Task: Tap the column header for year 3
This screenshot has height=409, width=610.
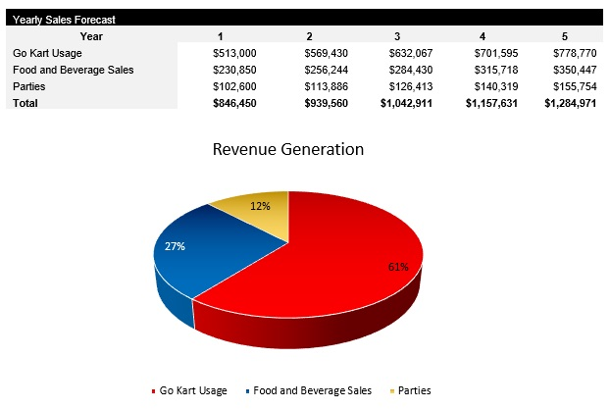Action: pyautogui.click(x=397, y=35)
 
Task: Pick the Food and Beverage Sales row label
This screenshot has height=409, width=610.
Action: pyautogui.click(x=73, y=70)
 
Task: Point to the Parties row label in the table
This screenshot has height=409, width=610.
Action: pyautogui.click(x=30, y=86)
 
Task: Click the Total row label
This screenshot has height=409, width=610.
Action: pyautogui.click(x=26, y=103)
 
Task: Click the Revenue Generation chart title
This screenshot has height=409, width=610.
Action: pyautogui.click(x=287, y=150)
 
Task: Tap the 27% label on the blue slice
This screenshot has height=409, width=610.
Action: pyautogui.click(x=176, y=246)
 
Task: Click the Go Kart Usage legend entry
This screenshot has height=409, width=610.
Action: pyautogui.click(x=193, y=390)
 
